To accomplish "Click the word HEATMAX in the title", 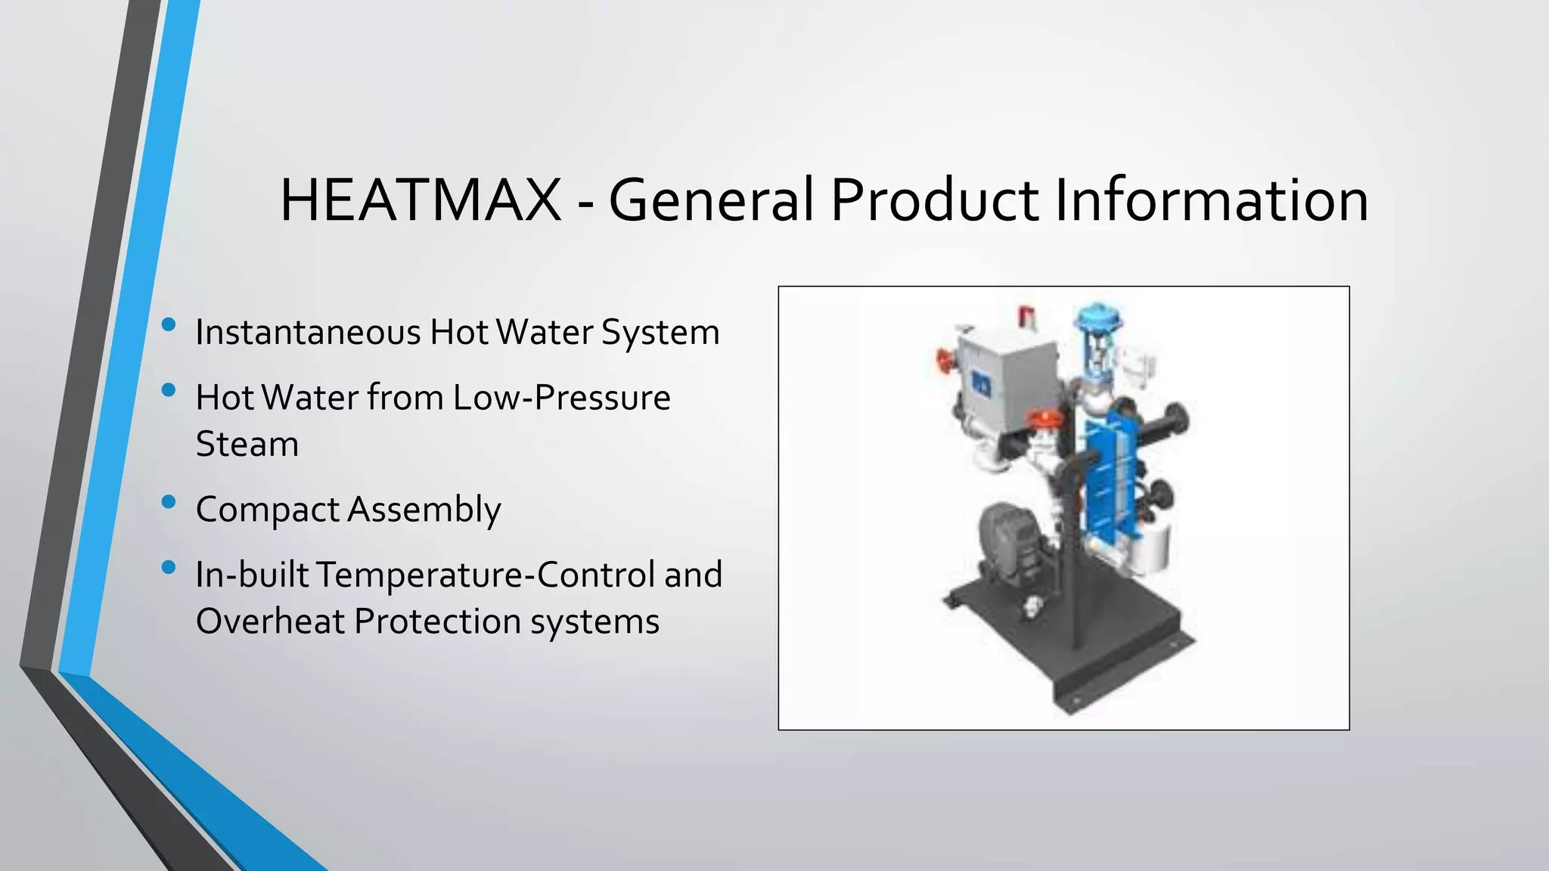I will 421,201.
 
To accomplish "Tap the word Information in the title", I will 1211,201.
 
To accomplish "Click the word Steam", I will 247,444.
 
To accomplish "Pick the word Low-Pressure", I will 561,398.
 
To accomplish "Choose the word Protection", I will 436,621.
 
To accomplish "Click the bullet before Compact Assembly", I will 169,501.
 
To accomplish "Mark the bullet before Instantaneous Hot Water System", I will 169,325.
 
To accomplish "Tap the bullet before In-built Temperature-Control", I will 169,567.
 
